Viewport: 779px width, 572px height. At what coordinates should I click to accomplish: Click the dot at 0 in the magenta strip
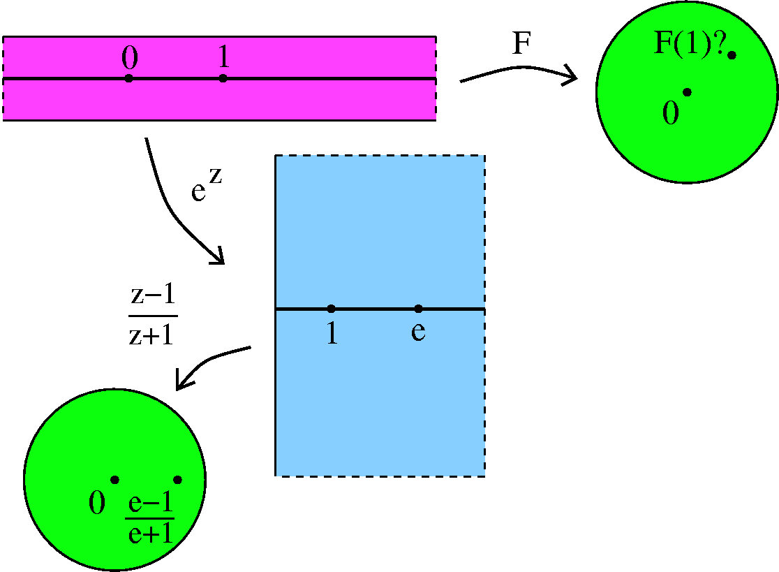coord(128,78)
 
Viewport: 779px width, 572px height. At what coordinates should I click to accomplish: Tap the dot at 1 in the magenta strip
coord(223,78)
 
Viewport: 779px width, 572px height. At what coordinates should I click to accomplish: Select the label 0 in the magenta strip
coord(130,58)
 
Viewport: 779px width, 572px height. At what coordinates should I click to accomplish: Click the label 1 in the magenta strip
coord(223,57)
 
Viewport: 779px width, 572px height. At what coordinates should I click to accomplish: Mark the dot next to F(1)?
coord(732,55)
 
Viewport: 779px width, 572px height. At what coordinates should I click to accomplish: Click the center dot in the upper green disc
coord(687,92)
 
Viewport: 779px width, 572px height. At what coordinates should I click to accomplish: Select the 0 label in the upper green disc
coord(671,112)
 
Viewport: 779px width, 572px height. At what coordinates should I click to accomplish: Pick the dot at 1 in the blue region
coord(332,309)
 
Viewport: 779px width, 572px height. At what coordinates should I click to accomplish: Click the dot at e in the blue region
coord(418,309)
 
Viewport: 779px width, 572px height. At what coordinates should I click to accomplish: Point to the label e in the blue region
coord(418,332)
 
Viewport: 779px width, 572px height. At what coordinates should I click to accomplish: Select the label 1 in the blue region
coord(332,333)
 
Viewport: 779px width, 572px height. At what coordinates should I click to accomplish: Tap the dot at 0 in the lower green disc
coord(114,480)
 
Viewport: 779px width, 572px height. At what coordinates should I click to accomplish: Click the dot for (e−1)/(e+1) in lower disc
coord(177,480)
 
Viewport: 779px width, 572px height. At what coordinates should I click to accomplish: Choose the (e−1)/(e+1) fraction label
coord(150,518)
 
